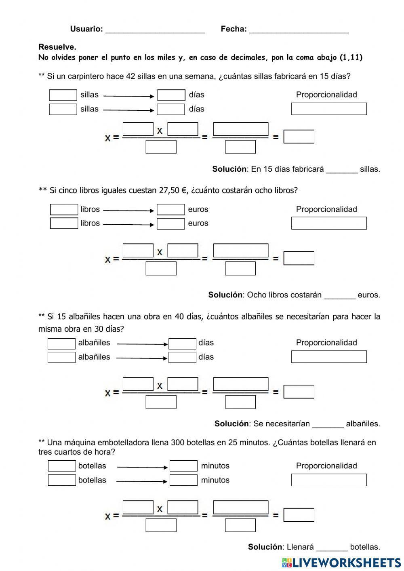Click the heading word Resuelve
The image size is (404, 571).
57,47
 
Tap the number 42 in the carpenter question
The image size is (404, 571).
130,76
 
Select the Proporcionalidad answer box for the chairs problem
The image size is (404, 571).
329,109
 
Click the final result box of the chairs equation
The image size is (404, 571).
299,137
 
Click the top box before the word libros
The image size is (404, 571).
64,210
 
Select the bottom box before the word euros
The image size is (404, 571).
171,223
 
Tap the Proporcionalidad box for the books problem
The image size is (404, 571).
329,223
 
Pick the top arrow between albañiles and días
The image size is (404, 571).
142,344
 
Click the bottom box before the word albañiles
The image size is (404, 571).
61,357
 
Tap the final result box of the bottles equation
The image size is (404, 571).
299,515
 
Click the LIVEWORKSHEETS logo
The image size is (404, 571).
341,563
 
